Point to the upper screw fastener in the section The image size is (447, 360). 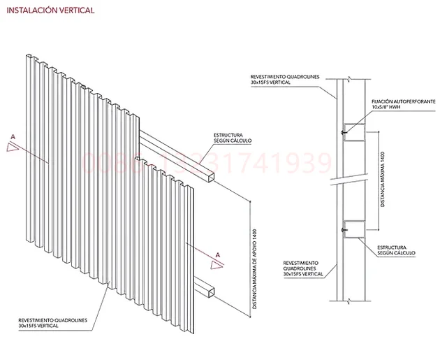344,131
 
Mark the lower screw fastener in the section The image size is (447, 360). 344,228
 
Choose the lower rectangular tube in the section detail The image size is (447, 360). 355,228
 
